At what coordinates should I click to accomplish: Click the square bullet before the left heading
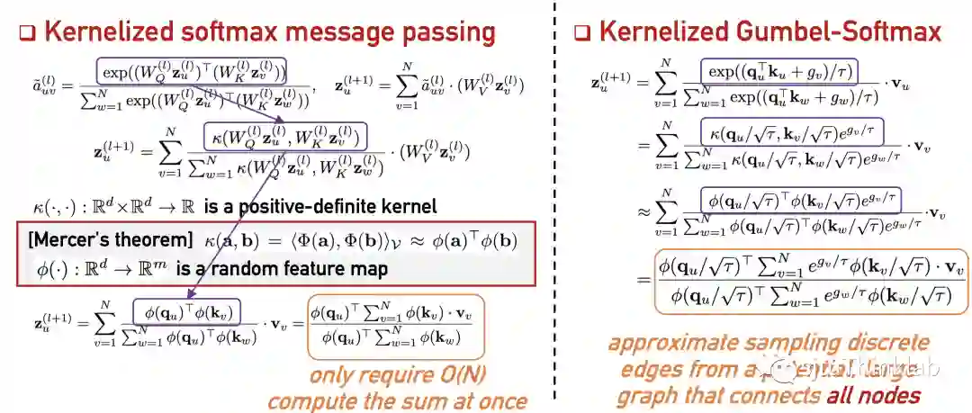coord(26,33)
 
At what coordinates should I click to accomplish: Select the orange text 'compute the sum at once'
coord(396,400)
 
